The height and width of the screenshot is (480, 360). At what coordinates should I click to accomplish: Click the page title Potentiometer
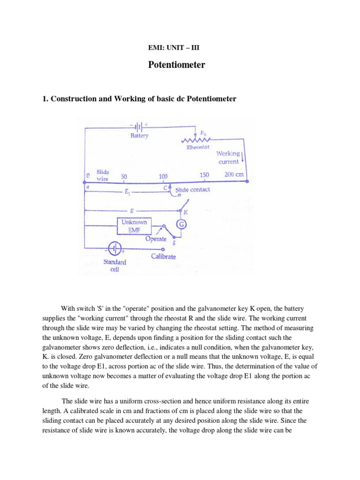coord(177,65)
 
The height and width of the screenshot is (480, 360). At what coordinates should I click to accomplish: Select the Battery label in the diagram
coord(139,135)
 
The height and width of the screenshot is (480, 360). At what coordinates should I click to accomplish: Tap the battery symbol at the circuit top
coord(139,126)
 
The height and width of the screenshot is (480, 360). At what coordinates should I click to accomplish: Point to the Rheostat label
coord(197,147)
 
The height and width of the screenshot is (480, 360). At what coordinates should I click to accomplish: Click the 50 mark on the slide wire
coord(124,177)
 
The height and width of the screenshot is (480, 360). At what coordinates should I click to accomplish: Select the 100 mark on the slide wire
coord(163,177)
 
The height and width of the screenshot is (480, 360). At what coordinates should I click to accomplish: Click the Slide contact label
coord(193,189)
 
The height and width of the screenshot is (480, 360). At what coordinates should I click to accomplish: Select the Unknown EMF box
coord(134,226)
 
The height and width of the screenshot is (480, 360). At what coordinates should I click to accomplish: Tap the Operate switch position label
coord(156,239)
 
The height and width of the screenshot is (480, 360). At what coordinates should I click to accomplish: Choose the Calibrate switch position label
coord(164,256)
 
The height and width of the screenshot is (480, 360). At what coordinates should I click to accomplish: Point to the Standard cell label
coord(114,266)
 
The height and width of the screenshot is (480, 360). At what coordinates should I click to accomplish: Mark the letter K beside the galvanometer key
coord(191,212)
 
